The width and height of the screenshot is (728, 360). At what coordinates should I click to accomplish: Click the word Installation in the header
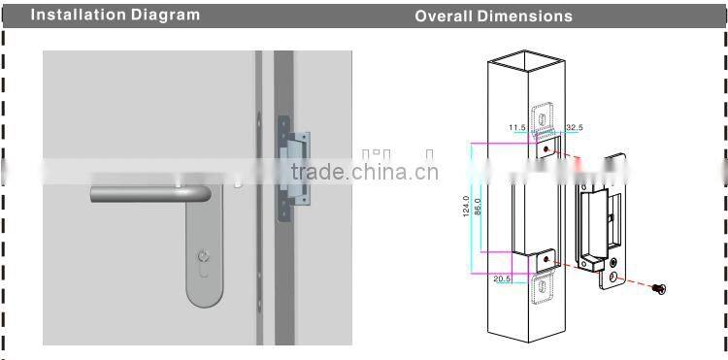(x=82, y=15)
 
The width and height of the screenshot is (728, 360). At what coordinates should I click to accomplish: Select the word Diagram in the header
(x=166, y=15)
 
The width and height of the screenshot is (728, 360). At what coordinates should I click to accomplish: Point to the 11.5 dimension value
(x=515, y=127)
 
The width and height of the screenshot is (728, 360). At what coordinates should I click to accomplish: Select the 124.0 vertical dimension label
(x=466, y=207)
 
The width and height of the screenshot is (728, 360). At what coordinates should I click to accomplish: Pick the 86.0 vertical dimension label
(x=478, y=207)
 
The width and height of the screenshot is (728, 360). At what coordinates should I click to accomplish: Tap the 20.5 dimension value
(x=502, y=278)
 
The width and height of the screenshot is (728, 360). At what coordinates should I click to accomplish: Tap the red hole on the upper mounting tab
(x=546, y=147)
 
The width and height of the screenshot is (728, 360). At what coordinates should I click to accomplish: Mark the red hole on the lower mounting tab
(x=546, y=259)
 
